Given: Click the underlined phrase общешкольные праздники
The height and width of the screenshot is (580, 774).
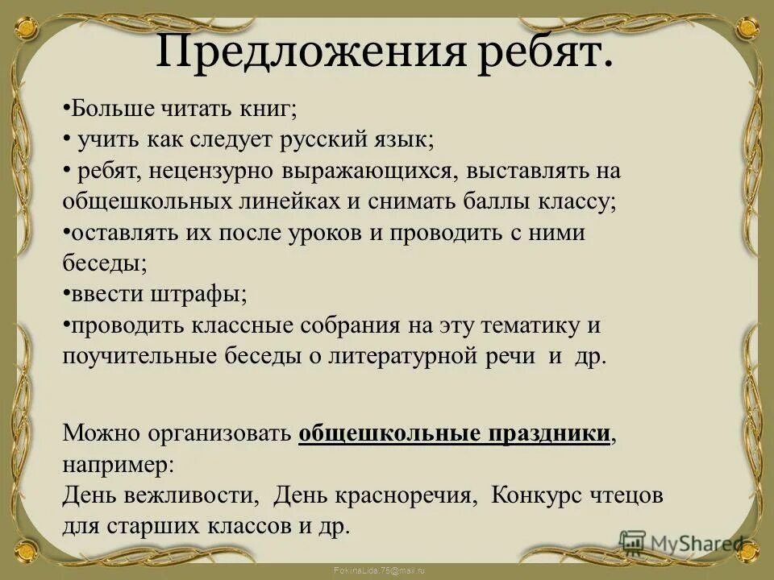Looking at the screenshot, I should click(454, 433).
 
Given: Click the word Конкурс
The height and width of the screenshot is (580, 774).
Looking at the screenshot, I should click(536, 495).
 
